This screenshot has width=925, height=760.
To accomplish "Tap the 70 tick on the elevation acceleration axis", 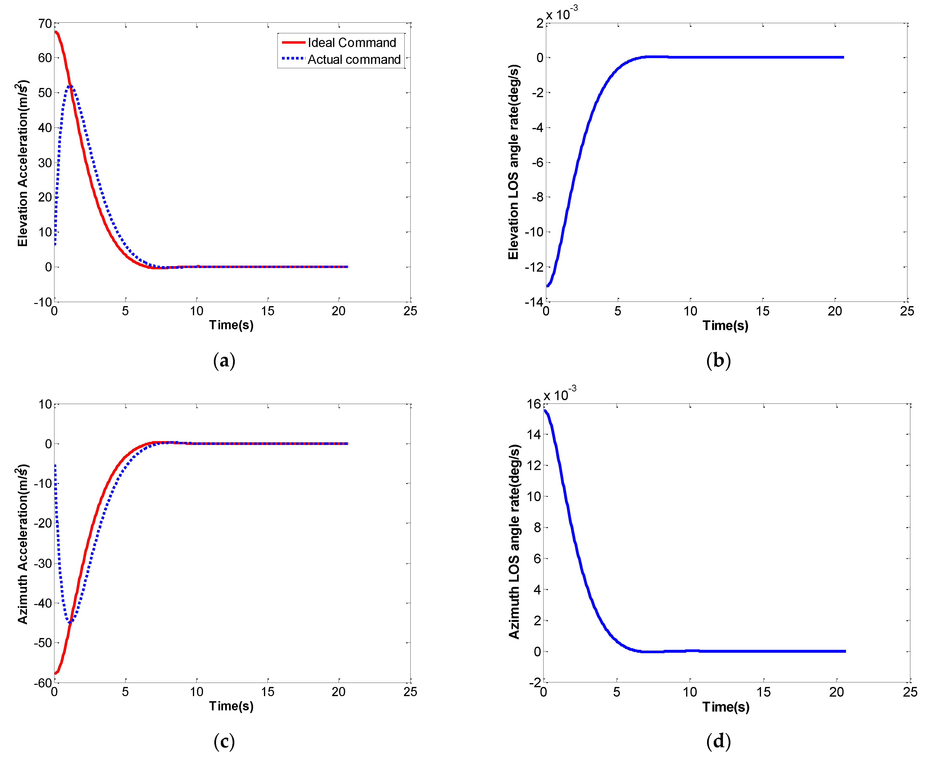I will [x=45, y=24].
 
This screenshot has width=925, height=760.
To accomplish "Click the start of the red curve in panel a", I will [x=56, y=32].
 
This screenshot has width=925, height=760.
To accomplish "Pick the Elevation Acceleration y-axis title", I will [x=23, y=163].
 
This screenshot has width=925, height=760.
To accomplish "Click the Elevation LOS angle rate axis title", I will [x=514, y=162].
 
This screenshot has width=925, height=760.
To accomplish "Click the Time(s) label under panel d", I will [x=726, y=706].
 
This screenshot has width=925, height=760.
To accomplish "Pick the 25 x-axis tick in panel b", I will [x=907, y=311].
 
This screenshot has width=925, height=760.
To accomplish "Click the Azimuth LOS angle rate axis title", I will [x=514, y=542].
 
